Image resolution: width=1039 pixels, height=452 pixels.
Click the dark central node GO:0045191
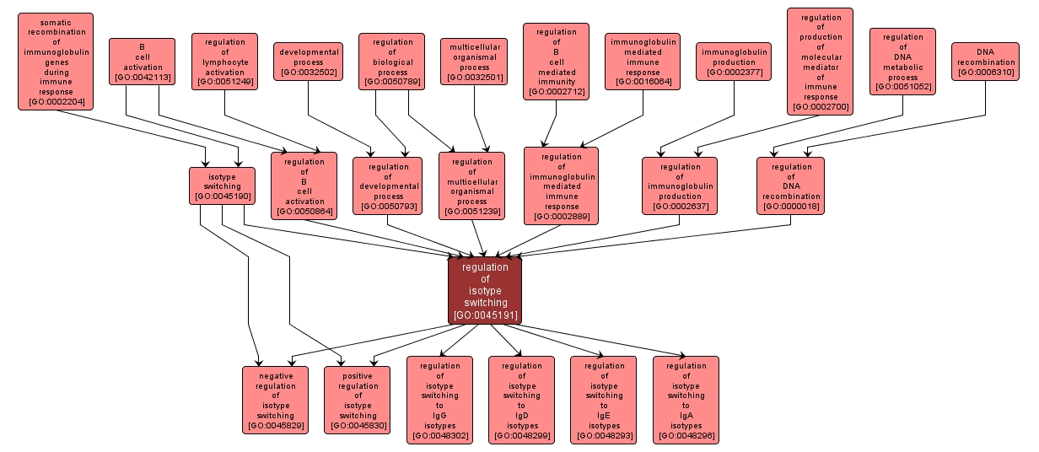[485, 291]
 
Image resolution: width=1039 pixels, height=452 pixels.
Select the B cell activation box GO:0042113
[142, 62]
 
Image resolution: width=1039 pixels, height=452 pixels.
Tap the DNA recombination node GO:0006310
[985, 62]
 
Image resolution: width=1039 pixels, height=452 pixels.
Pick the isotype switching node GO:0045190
[222, 186]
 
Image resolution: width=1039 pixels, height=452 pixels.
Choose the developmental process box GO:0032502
[309, 62]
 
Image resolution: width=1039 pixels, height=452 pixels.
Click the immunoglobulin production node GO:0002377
[734, 62]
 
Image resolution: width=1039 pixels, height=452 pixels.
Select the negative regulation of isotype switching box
[275, 400]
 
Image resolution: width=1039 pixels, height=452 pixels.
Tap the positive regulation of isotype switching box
[358, 400]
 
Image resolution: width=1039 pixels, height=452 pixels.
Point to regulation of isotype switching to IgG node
[439, 400]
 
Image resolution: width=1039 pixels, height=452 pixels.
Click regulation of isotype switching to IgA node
[686, 400]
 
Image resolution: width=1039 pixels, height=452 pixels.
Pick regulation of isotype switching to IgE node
[604, 400]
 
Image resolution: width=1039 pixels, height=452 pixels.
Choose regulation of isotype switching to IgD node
[521, 400]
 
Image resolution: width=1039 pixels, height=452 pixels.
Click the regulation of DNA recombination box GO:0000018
[790, 186]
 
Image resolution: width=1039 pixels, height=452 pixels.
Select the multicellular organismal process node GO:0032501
[474, 62]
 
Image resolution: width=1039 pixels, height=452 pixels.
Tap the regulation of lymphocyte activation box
[224, 62]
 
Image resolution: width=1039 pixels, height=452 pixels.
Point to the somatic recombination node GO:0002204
[56, 62]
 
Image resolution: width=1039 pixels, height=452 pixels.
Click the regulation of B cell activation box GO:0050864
[304, 186]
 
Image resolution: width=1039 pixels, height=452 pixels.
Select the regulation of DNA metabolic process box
[902, 62]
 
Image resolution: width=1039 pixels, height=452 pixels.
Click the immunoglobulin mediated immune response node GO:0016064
[643, 62]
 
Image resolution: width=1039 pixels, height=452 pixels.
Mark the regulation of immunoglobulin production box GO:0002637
[680, 186]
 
